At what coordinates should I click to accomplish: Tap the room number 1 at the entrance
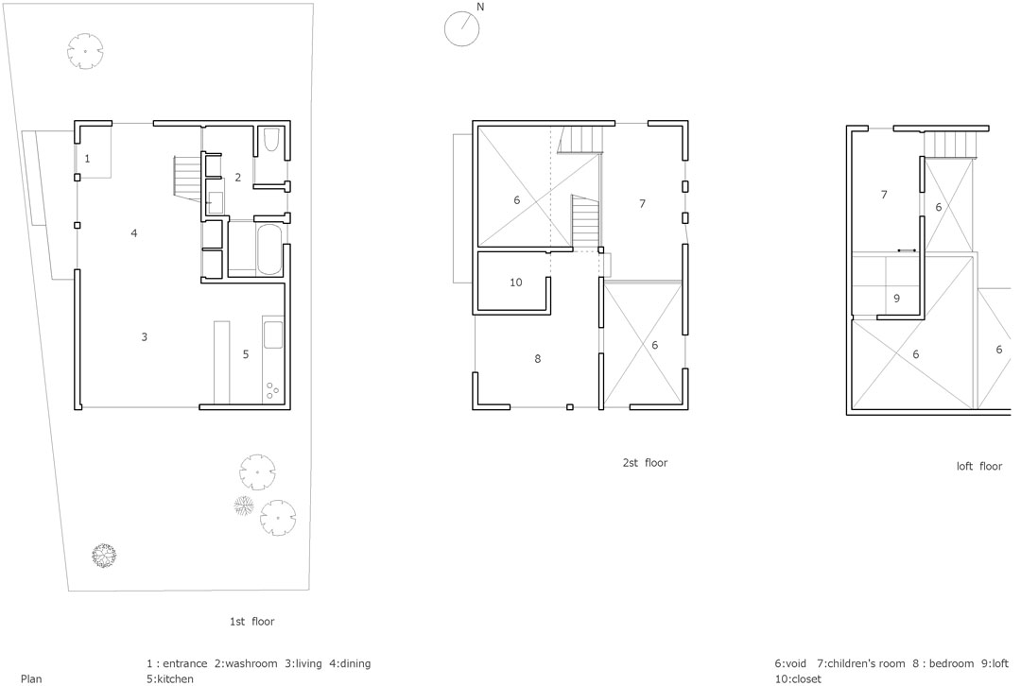[x=87, y=158]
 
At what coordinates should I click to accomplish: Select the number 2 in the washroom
[x=238, y=177]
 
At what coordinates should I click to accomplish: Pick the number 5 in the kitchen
[x=246, y=354]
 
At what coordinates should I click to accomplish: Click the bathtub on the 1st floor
[x=269, y=250]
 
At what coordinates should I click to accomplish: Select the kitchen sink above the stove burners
[x=272, y=334]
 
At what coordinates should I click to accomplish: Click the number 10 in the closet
[x=516, y=283]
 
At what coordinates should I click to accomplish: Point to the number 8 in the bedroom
[x=537, y=359]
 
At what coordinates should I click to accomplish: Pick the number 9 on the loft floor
[x=896, y=299]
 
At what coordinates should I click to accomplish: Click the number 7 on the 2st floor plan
[x=642, y=204]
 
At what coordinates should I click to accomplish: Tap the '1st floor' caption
[x=252, y=622]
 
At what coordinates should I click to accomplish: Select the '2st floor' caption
[x=646, y=463]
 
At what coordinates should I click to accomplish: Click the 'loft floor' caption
[x=979, y=466]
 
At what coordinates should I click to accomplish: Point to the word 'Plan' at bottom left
[x=31, y=678]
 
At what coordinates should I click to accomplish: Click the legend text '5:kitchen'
[x=170, y=678]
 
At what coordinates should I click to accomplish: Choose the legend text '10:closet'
[x=798, y=678]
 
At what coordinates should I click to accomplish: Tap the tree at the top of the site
[x=85, y=51]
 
